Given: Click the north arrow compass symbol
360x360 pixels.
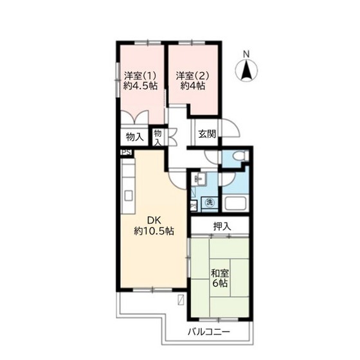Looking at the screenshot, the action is [247, 70].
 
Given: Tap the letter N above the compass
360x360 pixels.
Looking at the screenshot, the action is [246, 54].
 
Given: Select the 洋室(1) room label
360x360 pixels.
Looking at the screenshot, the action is [140, 76].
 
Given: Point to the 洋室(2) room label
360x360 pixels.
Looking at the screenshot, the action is [192, 76].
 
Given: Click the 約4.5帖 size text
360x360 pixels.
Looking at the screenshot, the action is [140, 86].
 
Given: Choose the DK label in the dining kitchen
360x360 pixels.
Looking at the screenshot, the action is [154, 221].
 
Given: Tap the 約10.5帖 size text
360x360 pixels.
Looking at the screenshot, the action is [154, 231].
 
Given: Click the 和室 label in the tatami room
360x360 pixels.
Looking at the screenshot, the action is [220, 273].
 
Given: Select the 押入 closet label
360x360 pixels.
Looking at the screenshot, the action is [222, 226].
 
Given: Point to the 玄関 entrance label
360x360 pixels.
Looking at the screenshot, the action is [207, 134].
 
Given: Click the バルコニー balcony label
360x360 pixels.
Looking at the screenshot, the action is [209, 332].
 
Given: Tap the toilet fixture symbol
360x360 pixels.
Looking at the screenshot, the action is [240, 156].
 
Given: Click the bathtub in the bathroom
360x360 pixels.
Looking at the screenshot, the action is [236, 203].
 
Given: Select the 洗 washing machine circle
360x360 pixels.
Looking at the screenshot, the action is [210, 203].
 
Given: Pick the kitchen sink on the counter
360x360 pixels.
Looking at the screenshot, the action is [129, 196].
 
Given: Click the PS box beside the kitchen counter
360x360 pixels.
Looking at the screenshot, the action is [126, 152].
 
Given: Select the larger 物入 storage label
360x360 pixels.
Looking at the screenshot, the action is [135, 138].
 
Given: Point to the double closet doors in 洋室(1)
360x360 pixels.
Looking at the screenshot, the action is [135, 117].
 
